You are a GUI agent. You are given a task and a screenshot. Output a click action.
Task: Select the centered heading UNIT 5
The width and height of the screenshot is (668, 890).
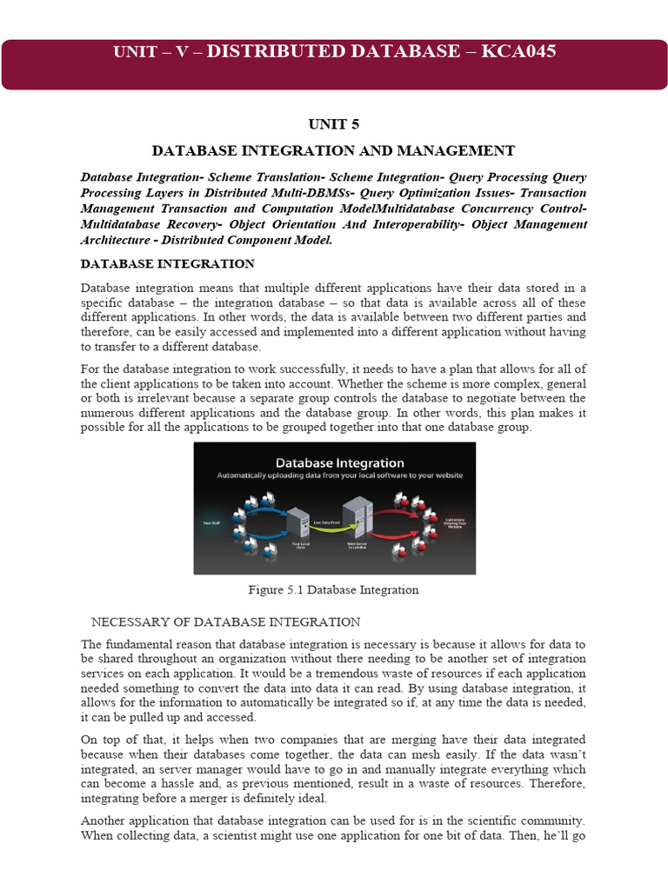[334, 124]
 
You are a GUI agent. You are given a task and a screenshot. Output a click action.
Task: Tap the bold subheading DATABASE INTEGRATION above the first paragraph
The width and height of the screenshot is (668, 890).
[168, 263]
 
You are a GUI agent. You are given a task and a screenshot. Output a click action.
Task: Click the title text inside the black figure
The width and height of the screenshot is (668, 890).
[334, 462]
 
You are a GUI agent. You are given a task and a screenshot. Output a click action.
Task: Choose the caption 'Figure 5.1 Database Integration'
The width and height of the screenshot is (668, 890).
[334, 590]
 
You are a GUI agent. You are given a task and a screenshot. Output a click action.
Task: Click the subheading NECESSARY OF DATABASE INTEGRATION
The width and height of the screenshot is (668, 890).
[226, 621]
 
